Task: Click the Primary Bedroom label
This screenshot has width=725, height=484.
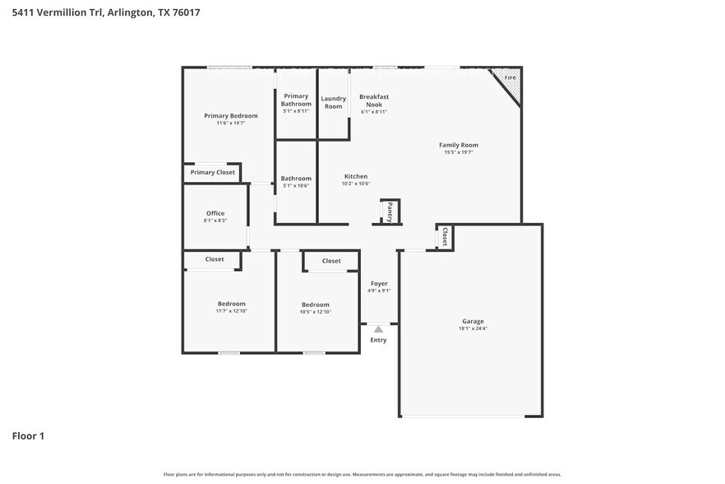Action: [230, 116]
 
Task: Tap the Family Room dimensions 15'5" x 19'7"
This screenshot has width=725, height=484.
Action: [458, 152]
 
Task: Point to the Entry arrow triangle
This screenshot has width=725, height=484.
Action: [378, 329]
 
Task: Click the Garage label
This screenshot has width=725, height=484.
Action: [473, 321]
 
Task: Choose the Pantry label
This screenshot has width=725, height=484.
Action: [390, 212]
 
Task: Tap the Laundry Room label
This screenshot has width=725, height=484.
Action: [333, 102]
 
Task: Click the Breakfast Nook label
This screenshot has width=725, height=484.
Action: [374, 100]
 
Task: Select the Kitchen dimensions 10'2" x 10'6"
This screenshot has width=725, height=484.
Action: [356, 184]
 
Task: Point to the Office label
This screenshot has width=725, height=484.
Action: [215, 213]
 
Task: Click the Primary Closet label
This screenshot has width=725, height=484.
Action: [213, 172]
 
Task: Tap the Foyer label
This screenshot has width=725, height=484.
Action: [378, 283]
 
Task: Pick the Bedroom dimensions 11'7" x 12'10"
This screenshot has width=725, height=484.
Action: [231, 311]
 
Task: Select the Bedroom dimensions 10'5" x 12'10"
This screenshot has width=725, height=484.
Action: [315, 312]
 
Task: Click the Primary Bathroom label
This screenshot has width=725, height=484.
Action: [296, 100]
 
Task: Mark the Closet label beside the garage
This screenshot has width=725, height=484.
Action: [445, 237]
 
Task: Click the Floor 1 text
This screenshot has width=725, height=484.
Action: [28, 435]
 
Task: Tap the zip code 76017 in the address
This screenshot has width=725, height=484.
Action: [184, 12]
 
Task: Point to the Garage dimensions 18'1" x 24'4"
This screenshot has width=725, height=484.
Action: [473, 328]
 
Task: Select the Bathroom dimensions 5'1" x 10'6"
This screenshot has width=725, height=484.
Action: [296, 185]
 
